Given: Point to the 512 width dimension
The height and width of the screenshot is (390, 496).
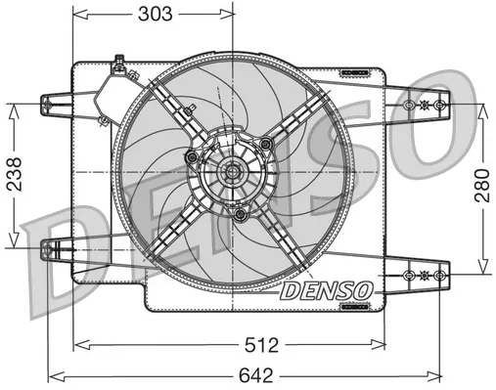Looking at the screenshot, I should pyautogui.click(x=232, y=343).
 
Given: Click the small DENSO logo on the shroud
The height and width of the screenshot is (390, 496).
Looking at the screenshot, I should pyautogui.click(x=325, y=290).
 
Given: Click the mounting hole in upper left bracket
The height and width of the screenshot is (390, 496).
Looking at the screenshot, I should pyautogui.click(x=49, y=102).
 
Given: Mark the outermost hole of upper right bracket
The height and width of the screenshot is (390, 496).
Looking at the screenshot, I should pyautogui.click(x=440, y=104).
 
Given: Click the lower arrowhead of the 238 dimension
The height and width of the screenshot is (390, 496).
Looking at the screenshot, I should pyautogui.click(x=14, y=246).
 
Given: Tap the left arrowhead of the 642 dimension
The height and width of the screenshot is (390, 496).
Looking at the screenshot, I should pyautogui.click(x=55, y=374).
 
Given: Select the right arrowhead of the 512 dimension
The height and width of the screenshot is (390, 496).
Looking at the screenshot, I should pyautogui.click(x=383, y=343).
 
